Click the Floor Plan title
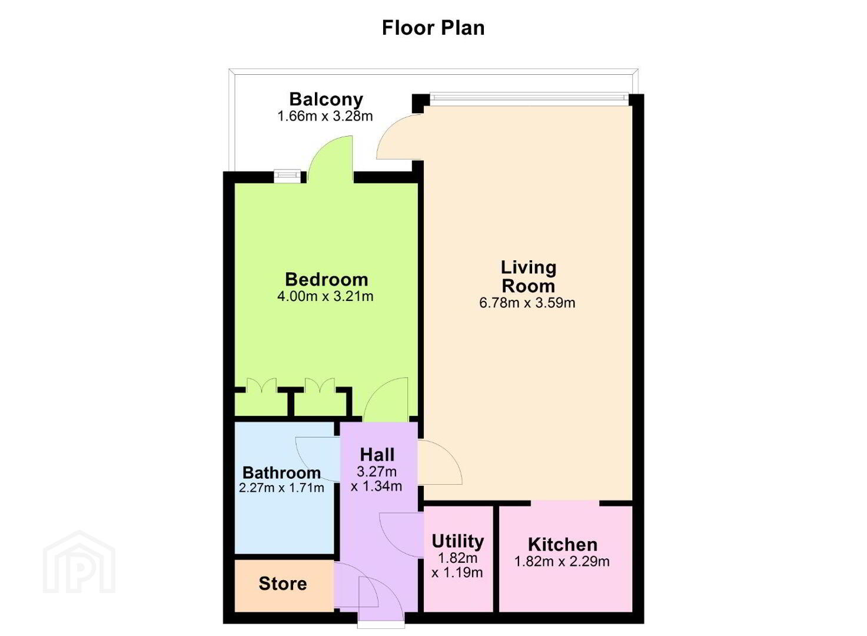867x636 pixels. click(433, 28)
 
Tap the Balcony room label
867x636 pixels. click(326, 100)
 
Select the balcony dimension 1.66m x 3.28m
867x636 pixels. click(325, 116)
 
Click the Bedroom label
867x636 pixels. click(326, 279)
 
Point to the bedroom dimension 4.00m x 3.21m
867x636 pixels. click(325, 296)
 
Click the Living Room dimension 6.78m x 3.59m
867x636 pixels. click(527, 303)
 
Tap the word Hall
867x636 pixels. click(377, 455)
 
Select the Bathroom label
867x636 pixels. click(281, 473)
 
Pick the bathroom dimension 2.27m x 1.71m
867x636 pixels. click(281, 488)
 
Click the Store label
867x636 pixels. click(283, 584)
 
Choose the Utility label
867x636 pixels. click(458, 542)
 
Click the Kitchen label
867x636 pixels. click(563, 545)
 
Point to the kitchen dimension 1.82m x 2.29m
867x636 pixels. click(562, 561)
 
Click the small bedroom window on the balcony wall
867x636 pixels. click(287, 175)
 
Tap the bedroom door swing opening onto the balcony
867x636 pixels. click(330, 159)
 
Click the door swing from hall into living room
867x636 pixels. click(440, 462)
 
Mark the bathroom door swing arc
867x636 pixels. click(318, 459)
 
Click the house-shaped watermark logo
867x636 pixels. click(79, 562)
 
